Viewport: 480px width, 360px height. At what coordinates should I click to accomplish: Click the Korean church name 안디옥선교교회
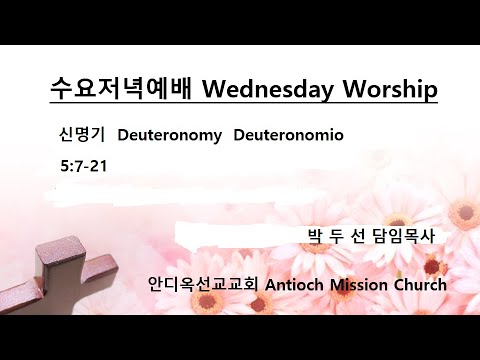point(203,284)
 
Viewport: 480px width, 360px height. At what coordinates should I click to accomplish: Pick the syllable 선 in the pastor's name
point(361,236)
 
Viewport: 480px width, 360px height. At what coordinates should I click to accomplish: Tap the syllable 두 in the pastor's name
point(340,236)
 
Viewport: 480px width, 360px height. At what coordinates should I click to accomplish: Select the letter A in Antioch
point(272,284)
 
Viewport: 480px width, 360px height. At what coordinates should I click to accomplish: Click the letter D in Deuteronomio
point(239,135)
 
